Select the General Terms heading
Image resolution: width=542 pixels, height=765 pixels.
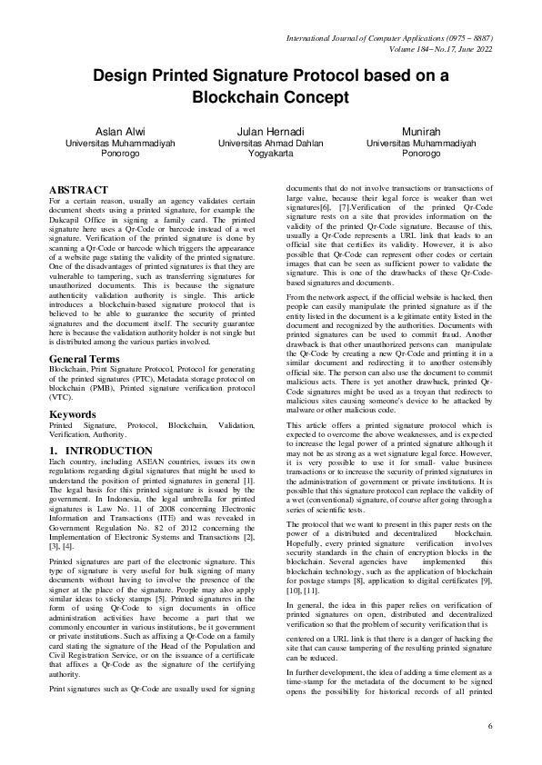[88, 360]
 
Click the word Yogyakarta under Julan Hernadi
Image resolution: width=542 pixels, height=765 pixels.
[270, 154]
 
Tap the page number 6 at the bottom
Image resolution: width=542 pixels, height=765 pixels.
[489, 726]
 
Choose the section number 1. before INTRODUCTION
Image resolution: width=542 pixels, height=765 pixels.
[54, 450]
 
